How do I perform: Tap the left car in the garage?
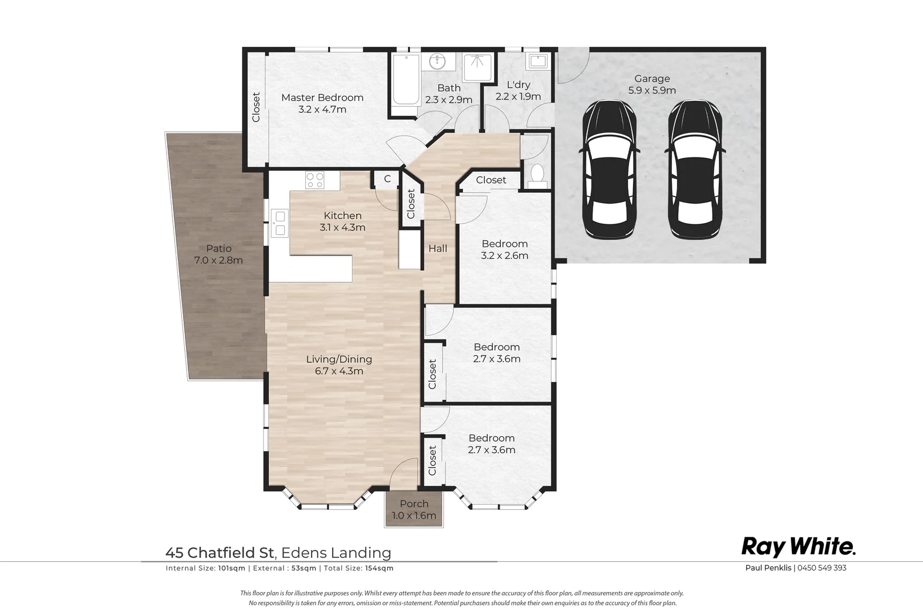click(609, 169)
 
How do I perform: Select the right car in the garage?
click(695, 169)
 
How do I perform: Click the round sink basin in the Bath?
click(437, 62)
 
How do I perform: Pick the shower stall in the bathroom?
click(477, 67)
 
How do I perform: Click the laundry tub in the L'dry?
click(538, 62)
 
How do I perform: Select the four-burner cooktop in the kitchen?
click(315, 180)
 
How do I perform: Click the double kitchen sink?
click(280, 223)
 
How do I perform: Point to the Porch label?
click(414, 504)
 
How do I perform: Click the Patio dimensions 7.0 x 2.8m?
click(218, 261)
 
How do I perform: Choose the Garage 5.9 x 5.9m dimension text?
click(652, 90)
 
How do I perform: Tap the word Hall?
click(438, 249)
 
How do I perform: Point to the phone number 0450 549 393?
click(822, 568)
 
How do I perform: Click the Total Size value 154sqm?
click(379, 568)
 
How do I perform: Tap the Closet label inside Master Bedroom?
click(256, 107)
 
